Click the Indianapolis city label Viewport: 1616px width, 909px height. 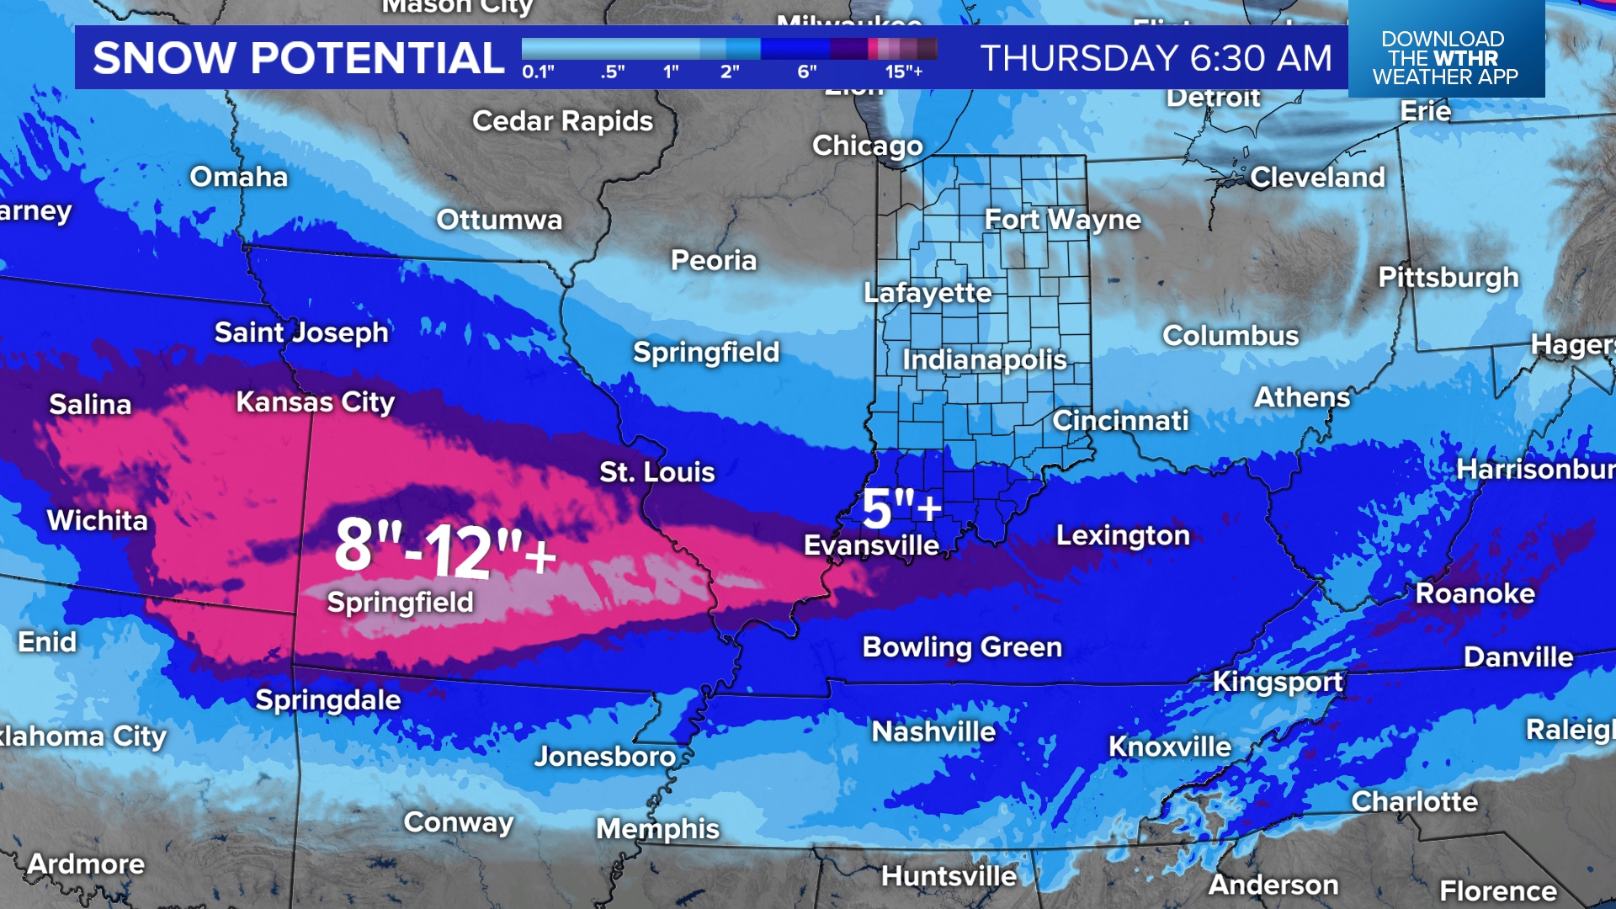984,360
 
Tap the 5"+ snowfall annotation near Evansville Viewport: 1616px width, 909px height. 901,508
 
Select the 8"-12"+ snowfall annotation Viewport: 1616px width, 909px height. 445,549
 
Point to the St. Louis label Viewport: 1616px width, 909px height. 656,472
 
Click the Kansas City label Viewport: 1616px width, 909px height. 315,402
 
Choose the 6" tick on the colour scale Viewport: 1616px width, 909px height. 806,72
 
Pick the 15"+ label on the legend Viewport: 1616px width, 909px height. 904,72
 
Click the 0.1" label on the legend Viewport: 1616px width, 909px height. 538,72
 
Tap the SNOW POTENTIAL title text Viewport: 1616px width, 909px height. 298,58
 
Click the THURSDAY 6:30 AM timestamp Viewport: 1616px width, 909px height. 1156,58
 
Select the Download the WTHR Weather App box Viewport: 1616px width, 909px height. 1445,57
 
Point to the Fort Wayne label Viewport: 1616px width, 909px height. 1062,220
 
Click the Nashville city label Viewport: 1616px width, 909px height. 933,731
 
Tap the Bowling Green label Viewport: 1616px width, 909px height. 962,647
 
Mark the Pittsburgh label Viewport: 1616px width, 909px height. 1448,278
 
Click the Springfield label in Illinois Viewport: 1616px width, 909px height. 705,353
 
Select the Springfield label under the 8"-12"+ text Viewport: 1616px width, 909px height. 400,603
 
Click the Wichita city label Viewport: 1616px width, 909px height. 97,520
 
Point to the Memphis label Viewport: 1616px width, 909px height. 657,829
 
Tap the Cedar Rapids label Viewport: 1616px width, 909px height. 562,122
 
